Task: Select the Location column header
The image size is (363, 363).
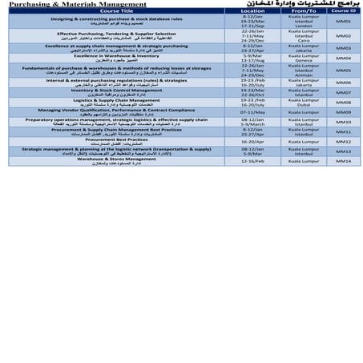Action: click(252, 11)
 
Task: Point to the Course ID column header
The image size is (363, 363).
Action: click(341, 11)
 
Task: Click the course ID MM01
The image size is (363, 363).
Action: click(343, 21)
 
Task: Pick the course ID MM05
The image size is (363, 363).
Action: click(343, 70)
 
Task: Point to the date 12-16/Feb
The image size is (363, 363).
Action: click(252, 160)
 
